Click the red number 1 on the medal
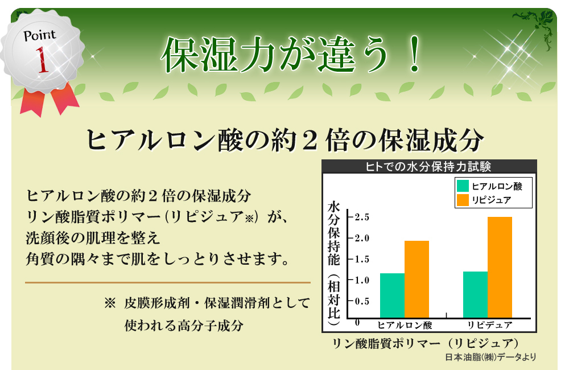43,60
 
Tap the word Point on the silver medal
40,35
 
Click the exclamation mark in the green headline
414,54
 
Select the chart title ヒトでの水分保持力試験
428,167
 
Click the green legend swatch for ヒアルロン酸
463,186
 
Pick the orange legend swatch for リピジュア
463,200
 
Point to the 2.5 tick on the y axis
362,217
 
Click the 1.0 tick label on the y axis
362,280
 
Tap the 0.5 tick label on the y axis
362,301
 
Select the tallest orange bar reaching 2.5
500,267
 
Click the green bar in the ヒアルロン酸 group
392,295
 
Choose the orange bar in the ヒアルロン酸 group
417,279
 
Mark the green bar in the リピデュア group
475,294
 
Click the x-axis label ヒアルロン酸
405,325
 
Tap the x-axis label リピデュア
489,325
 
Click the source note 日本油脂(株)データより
490,357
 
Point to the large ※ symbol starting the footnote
110,303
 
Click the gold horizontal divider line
168,282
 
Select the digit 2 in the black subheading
310,141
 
